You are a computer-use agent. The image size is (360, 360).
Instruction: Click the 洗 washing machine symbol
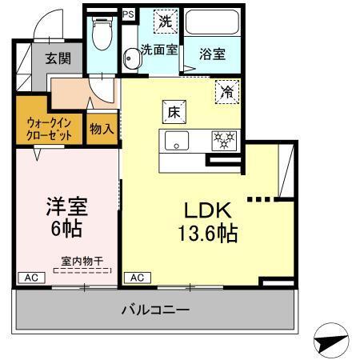tap(165, 22)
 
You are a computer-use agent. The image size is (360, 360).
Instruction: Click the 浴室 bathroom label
tap(212, 54)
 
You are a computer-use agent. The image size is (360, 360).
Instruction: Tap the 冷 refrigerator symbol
tap(227, 92)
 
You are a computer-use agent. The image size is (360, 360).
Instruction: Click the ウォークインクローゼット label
tap(47, 129)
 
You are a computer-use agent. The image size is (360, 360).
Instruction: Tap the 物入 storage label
tap(102, 127)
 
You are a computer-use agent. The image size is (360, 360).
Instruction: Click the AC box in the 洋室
tap(31, 278)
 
